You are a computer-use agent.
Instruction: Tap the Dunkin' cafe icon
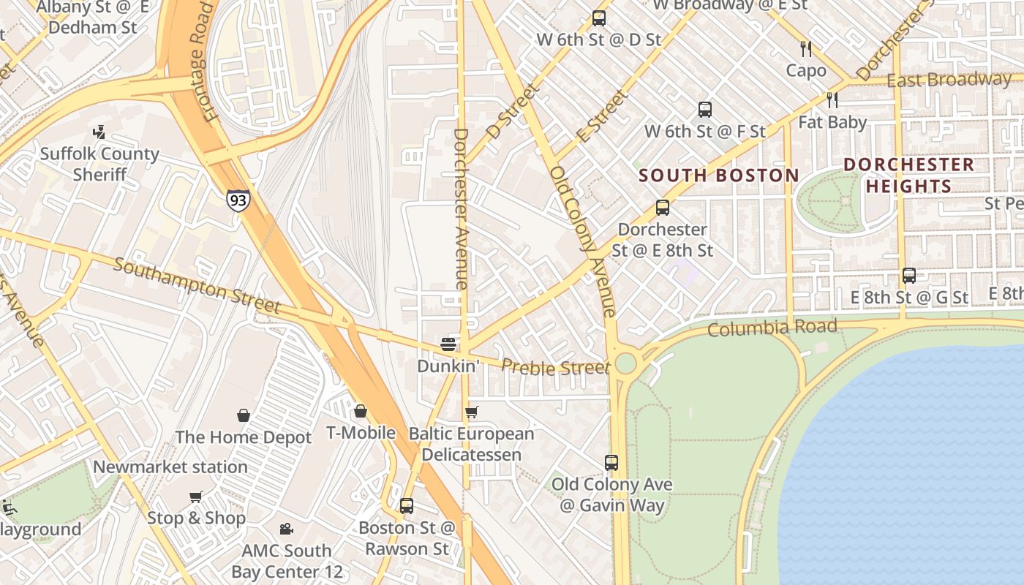pos(448,344)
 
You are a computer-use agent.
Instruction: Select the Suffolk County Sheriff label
pos(99,164)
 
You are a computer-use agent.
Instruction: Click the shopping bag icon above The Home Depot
pos(244,415)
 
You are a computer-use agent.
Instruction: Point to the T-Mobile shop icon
pos(360,412)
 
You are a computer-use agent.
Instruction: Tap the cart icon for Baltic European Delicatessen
pos(472,412)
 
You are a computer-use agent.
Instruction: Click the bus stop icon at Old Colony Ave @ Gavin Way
pos(611,462)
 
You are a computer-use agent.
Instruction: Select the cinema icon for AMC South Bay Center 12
pos(287,529)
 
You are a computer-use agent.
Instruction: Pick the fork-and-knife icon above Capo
pos(806,49)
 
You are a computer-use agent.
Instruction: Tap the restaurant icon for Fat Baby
pos(832,99)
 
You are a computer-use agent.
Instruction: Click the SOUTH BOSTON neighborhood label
pos(719,175)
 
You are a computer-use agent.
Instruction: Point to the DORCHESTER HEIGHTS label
pos(909,175)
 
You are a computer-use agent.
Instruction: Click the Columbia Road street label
pos(772,328)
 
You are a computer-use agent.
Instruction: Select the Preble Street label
pos(555,366)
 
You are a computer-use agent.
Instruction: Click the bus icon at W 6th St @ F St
pos(705,110)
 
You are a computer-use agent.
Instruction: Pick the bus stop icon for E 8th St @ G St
pos(909,276)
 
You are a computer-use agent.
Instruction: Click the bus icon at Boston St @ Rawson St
pos(407,505)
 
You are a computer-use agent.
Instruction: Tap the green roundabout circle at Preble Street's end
pos(625,363)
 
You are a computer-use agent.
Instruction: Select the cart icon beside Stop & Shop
pos(196,497)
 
